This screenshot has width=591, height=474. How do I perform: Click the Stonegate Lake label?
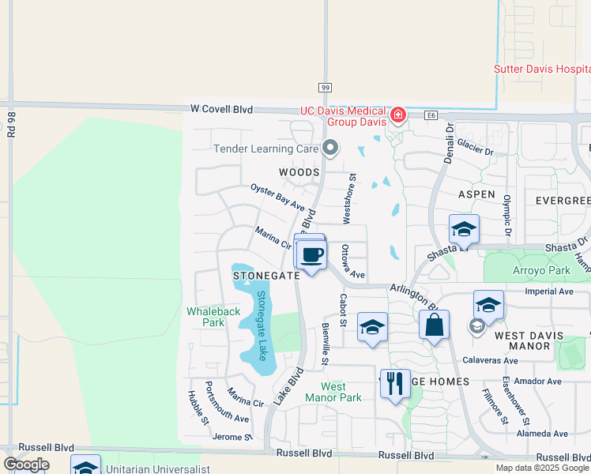coord(261,325)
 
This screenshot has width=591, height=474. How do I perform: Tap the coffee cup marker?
coord(312,255)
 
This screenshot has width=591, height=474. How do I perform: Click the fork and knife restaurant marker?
coord(395,383)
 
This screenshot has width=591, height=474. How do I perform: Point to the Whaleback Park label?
coord(213,317)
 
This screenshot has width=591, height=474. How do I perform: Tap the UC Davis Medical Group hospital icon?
coord(397,117)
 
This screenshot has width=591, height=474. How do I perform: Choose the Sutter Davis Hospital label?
coord(542,69)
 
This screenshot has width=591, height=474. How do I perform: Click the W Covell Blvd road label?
coord(221,109)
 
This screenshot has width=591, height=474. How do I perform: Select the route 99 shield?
coord(325,87)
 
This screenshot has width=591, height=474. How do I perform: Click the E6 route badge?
coord(431,115)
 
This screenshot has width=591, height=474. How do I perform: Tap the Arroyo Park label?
coord(537,271)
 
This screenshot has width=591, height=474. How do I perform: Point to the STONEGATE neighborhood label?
coord(266,276)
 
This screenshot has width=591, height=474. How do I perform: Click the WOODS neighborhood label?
coord(299,172)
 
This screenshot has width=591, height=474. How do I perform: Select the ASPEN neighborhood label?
coord(476,194)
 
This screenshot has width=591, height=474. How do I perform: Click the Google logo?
coord(26,465)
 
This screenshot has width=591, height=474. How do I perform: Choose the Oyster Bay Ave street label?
coord(277,197)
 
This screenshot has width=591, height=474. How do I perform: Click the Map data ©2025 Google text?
coord(541,468)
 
